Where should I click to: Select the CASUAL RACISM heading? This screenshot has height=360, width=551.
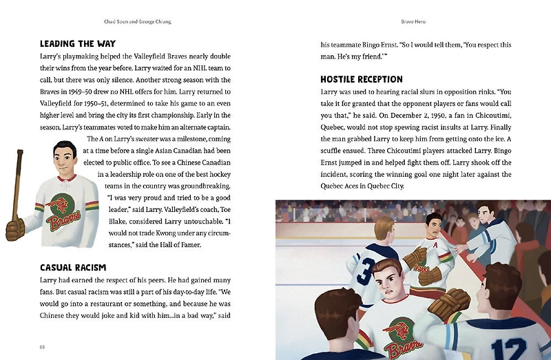[x=76, y=267]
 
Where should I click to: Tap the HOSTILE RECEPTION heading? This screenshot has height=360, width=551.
[x=362, y=79]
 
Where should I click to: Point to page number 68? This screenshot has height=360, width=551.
[x=43, y=346]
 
